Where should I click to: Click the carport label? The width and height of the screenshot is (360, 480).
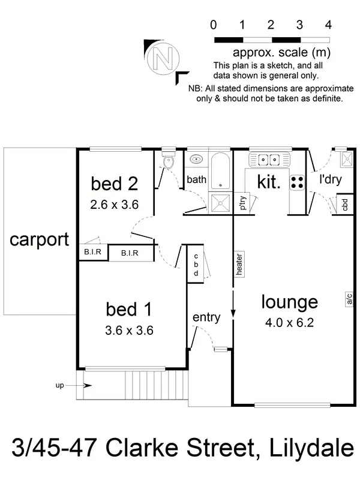(x=39, y=240)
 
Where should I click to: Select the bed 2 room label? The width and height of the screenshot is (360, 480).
(x=114, y=182)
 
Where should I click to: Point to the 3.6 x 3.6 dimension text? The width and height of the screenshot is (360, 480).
(x=130, y=329)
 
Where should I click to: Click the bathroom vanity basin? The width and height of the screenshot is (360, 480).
(x=196, y=160)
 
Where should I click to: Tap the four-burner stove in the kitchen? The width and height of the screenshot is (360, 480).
(x=297, y=182)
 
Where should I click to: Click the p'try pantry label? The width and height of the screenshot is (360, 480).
(x=242, y=203)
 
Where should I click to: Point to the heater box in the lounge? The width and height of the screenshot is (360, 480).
(x=239, y=263)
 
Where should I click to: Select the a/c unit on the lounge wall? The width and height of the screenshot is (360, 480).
(x=349, y=298)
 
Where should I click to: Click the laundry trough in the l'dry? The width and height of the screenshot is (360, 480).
(x=347, y=160)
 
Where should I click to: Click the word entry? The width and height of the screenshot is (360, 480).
(x=206, y=317)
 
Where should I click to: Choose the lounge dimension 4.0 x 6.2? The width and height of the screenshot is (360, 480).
(x=289, y=322)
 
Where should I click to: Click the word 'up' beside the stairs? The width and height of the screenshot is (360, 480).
(x=59, y=385)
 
